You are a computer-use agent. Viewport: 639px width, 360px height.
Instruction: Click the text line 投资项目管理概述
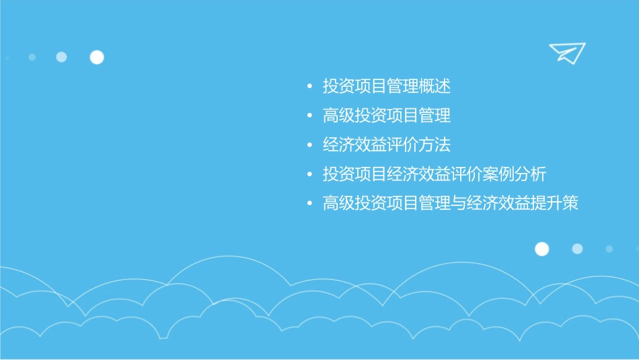point(386,87)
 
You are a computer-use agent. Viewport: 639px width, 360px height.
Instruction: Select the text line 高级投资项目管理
point(386,116)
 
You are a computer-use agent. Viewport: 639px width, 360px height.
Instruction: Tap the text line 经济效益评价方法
point(386,145)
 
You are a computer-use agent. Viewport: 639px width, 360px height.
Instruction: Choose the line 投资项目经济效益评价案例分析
point(434,174)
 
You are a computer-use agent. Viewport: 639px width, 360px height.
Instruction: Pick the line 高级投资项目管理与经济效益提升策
point(450,203)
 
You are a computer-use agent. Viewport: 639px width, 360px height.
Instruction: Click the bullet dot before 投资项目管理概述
point(309,87)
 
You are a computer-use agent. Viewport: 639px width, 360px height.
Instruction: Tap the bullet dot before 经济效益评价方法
point(309,145)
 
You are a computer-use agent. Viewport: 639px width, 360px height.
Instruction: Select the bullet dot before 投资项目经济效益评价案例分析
point(309,174)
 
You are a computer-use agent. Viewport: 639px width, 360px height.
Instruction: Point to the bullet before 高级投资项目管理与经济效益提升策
point(309,203)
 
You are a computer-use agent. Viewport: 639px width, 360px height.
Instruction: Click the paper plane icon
point(567,52)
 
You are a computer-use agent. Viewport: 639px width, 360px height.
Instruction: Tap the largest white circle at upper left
point(97,57)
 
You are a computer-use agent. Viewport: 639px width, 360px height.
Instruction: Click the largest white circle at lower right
point(541,249)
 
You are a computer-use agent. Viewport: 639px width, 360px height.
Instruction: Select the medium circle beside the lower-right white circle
point(577,249)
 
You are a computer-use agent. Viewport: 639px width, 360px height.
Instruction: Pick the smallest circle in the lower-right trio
point(609,249)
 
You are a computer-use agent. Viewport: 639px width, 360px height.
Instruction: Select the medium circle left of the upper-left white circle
point(61,57)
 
